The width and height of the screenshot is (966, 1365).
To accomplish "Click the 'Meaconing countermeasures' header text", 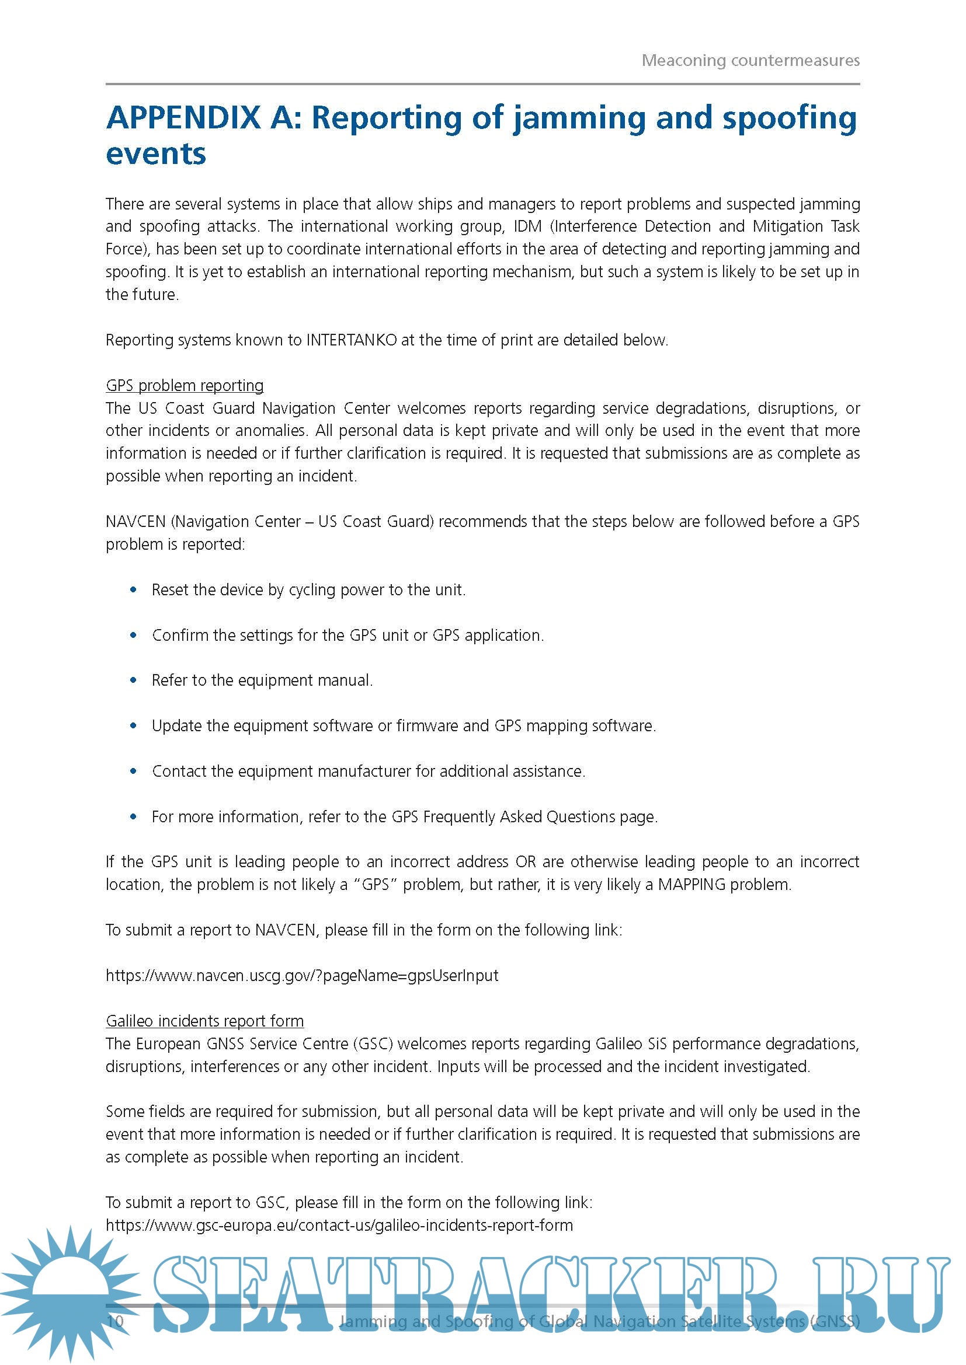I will tap(750, 60).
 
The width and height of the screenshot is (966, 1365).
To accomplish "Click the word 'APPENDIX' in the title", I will tap(183, 117).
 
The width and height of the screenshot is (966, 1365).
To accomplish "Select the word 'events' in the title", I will tap(156, 154).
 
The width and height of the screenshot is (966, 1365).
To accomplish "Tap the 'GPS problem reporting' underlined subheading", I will tap(185, 385).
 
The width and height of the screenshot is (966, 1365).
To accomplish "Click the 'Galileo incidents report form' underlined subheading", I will tap(204, 1021).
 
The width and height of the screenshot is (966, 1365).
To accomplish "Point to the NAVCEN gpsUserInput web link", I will tap(301, 976).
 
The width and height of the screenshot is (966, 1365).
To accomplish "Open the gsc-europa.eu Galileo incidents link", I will tap(339, 1226).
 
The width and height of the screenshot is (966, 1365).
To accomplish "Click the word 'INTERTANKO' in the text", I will tap(351, 340).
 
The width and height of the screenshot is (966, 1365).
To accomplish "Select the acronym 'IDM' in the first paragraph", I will tap(527, 226).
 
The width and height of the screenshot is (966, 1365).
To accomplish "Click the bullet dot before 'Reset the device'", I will tap(133, 590).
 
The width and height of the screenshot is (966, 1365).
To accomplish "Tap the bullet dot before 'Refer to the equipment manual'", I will tap(133, 680).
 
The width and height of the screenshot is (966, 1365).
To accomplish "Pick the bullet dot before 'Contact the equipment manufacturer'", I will tap(133, 771).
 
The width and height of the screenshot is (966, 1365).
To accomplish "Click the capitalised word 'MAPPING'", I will tap(691, 885).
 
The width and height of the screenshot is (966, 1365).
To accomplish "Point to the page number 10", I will tap(115, 1321).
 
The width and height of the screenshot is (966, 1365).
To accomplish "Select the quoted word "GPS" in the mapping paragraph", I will tap(376, 885).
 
